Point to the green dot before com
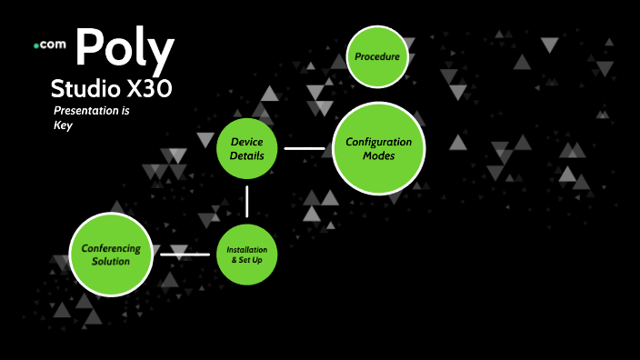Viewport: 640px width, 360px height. pyautogui.click(x=35, y=45)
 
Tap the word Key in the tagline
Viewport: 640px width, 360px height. pyautogui.click(x=62, y=125)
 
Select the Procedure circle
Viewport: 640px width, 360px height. pyautogui.click(x=377, y=57)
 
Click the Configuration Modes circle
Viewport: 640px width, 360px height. pyautogui.click(x=378, y=148)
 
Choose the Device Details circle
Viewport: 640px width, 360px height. pyautogui.click(x=246, y=148)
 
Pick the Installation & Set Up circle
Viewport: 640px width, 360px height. pyautogui.click(x=246, y=253)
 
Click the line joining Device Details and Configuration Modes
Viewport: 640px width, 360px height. pyautogui.click(x=304, y=147)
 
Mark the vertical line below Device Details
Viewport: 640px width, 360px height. pyautogui.click(x=246, y=201)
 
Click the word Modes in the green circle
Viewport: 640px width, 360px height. pyautogui.click(x=378, y=155)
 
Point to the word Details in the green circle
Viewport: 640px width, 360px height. pyautogui.click(x=246, y=155)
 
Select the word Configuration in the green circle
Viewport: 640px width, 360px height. pyautogui.click(x=378, y=142)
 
